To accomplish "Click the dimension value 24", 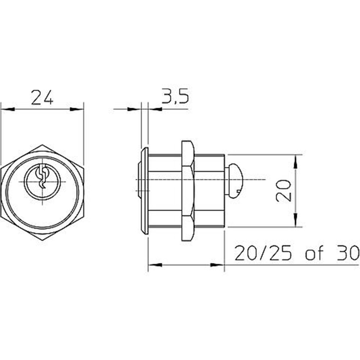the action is [x=42, y=98].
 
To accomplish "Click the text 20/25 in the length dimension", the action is [x=264, y=253].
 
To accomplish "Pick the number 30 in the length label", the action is [x=347, y=253].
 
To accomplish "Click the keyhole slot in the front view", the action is [x=42, y=177].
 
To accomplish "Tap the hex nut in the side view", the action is [x=188, y=190].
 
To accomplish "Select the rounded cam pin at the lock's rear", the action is [x=234, y=181].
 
